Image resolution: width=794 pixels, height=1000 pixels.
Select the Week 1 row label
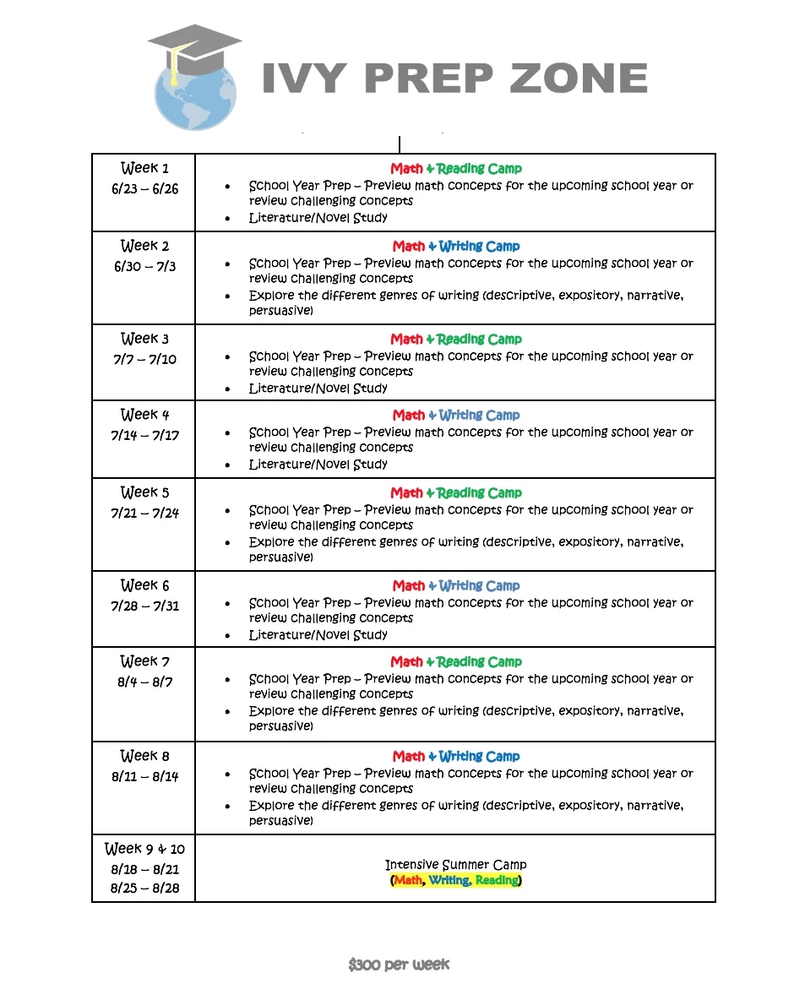[x=144, y=168]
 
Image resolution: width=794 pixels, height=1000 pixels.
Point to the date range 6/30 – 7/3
[x=144, y=267]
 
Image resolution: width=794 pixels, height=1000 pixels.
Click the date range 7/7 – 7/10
[x=144, y=360]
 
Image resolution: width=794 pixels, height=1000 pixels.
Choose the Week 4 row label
[x=144, y=415]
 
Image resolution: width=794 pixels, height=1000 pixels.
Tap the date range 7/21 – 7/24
[x=144, y=514]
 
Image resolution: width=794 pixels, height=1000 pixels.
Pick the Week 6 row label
[x=144, y=585]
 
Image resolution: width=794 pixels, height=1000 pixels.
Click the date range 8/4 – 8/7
[x=144, y=682]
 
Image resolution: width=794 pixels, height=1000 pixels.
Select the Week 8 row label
[x=144, y=756]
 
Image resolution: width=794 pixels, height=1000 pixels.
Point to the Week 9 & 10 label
[x=144, y=849]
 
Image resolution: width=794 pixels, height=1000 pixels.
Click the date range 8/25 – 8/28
[x=144, y=889]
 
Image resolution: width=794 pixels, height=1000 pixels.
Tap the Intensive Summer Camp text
[x=455, y=865]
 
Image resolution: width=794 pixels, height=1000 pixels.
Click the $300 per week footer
[x=399, y=965]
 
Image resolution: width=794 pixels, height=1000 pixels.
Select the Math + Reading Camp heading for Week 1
[x=456, y=169]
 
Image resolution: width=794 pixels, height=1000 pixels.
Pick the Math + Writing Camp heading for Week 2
[x=456, y=247]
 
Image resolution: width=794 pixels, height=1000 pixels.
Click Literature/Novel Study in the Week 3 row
[x=318, y=389]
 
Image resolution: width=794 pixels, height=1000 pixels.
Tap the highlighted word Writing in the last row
[x=449, y=881]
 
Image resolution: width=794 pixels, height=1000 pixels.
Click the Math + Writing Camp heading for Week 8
[x=456, y=757]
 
